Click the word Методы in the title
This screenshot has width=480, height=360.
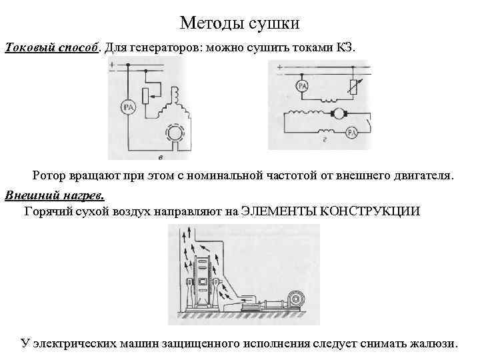coord(211,23)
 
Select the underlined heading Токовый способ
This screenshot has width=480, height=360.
coord(53,48)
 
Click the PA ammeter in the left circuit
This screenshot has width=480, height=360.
coord(127,106)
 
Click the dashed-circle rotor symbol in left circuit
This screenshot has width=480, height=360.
coord(177,133)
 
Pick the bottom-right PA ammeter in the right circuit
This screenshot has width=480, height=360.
coord(351,133)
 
